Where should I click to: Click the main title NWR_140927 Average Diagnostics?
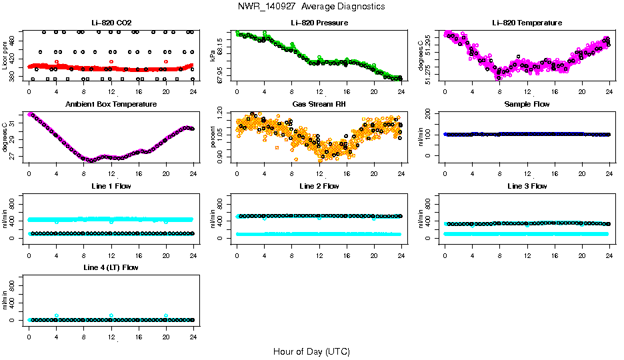pyautogui.click(x=311, y=7)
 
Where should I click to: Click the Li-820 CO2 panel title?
pyautogui.click(x=111, y=23)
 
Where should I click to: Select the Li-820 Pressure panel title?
pyautogui.click(x=319, y=23)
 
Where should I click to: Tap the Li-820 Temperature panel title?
pyautogui.click(x=527, y=23)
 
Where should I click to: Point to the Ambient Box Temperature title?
pyautogui.click(x=111, y=104)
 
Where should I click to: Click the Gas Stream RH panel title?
pyautogui.click(x=319, y=104)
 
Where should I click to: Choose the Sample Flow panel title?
pyautogui.click(x=527, y=104)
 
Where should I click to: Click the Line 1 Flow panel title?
pyautogui.click(x=111, y=186)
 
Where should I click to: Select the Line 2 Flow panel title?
pyautogui.click(x=319, y=186)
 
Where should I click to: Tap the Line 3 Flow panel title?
pyautogui.click(x=527, y=186)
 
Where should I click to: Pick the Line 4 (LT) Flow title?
pyautogui.click(x=111, y=267)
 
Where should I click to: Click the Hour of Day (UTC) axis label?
pyautogui.click(x=311, y=351)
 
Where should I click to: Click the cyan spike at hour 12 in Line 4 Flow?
pyautogui.click(x=111, y=315)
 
